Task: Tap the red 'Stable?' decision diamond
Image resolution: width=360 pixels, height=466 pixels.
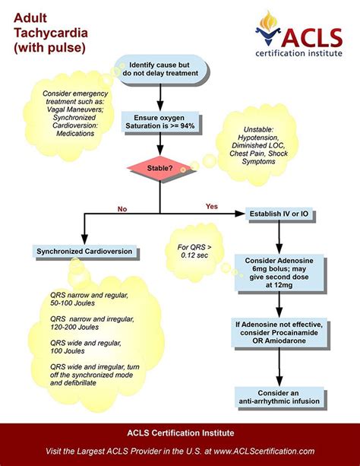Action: [x=159, y=166]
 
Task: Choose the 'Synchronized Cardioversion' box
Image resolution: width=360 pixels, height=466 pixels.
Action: [x=84, y=251]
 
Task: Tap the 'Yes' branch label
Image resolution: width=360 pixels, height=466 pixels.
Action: [x=212, y=205]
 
